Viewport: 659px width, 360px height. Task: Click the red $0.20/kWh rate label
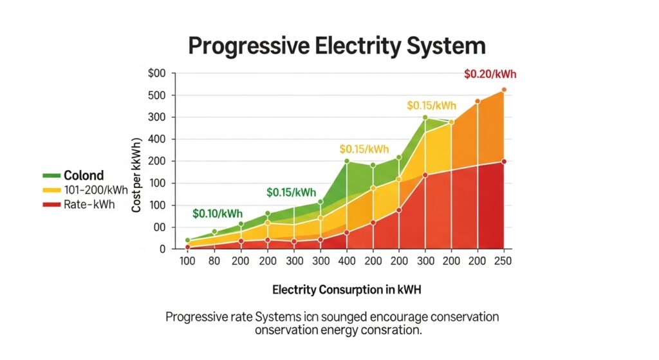[x=490, y=74]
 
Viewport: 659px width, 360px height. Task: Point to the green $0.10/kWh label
[x=218, y=213]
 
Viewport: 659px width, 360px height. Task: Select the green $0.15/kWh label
[x=292, y=192]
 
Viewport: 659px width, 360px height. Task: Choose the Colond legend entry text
[x=84, y=176]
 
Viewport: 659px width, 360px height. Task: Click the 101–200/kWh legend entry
[x=96, y=190]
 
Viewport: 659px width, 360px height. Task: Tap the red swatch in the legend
[x=51, y=204]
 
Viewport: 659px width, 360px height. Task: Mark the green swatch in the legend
[x=51, y=176]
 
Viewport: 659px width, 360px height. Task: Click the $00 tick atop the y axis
[x=157, y=73]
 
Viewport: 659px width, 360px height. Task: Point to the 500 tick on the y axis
[x=157, y=95]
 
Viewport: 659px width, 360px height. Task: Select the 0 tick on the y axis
[x=162, y=249]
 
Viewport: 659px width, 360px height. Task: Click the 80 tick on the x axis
[x=214, y=262]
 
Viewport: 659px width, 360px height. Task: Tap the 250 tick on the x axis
[x=503, y=262]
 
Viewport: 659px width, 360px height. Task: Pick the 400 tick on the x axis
[x=346, y=262]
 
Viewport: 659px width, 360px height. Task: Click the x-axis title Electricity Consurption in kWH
[x=347, y=290]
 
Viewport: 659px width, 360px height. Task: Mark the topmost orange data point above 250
[x=504, y=90]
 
